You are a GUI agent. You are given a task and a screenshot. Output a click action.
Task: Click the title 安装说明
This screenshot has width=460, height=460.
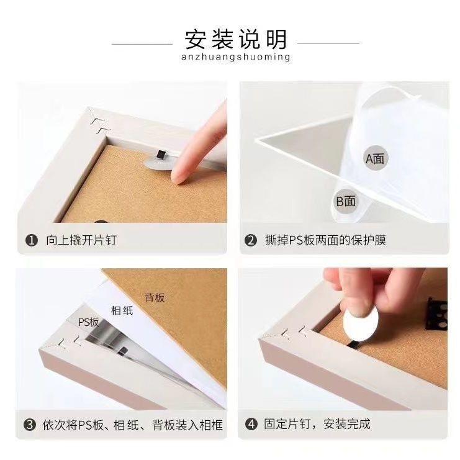(x=235, y=39)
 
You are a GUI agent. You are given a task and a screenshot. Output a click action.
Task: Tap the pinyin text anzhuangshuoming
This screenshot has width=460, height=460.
(x=235, y=56)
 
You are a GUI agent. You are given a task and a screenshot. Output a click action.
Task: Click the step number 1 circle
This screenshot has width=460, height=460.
(x=32, y=240)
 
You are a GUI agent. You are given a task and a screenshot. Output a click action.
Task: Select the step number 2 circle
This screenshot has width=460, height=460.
(x=251, y=240)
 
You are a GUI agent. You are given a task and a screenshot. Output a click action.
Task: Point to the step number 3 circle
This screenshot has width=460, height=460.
(x=30, y=425)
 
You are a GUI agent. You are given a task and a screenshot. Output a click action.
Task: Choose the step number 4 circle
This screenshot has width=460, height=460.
(x=251, y=424)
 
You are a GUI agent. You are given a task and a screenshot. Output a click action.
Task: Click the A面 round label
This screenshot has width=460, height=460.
(x=375, y=158)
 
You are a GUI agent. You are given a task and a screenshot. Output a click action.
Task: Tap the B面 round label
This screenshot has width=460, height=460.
(x=346, y=201)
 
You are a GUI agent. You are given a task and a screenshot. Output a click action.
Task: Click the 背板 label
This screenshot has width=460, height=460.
(x=155, y=298)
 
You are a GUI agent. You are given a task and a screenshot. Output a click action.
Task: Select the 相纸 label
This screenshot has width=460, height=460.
(x=122, y=310)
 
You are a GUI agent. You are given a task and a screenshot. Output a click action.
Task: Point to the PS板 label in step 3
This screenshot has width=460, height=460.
(x=89, y=322)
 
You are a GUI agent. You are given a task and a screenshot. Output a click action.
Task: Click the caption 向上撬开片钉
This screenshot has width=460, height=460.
(x=81, y=240)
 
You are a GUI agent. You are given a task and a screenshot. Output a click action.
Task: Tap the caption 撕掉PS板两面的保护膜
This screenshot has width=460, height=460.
(x=325, y=240)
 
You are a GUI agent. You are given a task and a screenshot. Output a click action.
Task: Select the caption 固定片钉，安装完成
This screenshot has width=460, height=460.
(x=317, y=424)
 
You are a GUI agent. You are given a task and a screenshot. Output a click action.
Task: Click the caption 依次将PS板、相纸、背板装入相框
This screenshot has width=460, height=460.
(x=133, y=425)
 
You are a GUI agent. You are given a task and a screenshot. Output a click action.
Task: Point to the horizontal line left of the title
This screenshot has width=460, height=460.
(x=142, y=44)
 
